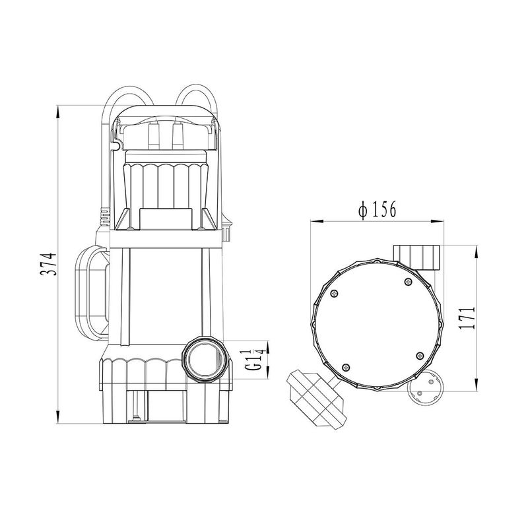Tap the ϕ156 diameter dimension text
[x=377, y=209]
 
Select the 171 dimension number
[x=467, y=317]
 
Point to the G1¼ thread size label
[x=254, y=360]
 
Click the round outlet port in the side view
[x=204, y=360]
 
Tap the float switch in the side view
[x=92, y=293]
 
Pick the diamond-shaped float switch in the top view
[x=317, y=400]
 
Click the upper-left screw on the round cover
[x=334, y=294]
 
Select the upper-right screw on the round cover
[x=408, y=282]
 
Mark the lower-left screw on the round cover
[x=345, y=368]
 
